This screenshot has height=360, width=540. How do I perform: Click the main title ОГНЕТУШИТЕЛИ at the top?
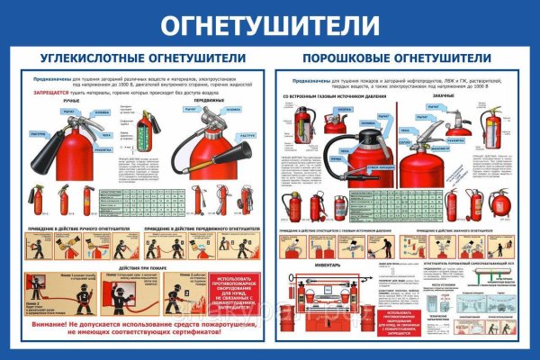tap(270, 25)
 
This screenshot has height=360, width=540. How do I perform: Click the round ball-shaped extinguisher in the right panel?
tap(499, 202)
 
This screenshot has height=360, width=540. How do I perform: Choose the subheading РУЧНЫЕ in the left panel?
tap(71, 103)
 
